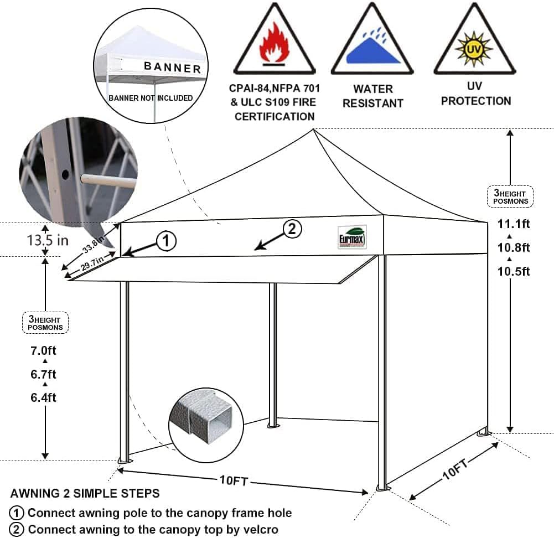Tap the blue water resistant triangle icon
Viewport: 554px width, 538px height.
[x=372, y=50]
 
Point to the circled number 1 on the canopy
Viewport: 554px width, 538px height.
[x=167, y=241]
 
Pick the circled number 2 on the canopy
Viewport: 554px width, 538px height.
[x=292, y=228]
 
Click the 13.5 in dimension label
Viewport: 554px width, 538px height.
[x=48, y=240]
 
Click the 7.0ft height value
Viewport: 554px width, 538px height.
[x=44, y=351]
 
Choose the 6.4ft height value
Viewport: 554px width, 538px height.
[x=44, y=397]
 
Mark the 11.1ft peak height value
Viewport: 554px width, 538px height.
[x=513, y=224]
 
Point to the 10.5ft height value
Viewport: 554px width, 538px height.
[x=513, y=271]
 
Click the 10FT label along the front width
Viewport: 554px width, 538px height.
[x=232, y=480]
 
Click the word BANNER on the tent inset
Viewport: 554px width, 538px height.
[x=172, y=68]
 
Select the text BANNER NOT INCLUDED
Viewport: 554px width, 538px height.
[x=151, y=98]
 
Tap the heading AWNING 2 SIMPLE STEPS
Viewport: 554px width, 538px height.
[x=85, y=493]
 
